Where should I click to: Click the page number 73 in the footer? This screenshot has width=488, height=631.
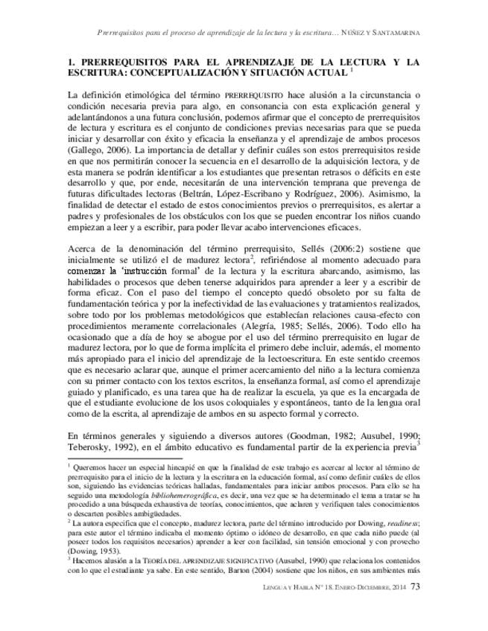coord(416,608)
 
